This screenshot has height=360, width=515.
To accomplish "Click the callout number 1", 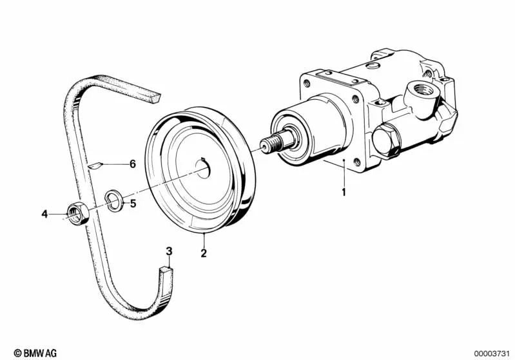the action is tap(344, 192).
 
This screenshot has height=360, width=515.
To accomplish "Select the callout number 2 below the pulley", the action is tap(204, 253).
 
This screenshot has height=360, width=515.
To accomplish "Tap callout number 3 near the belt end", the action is tap(169, 251).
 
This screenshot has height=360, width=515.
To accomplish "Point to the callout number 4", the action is tap(44, 214).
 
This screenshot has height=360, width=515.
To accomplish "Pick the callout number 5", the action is tap(133, 204).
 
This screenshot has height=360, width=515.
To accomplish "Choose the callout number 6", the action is tap(133, 164).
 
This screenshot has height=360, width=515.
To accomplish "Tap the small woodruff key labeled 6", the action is tap(95, 166).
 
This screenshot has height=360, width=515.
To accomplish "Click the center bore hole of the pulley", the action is tap(203, 168).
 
